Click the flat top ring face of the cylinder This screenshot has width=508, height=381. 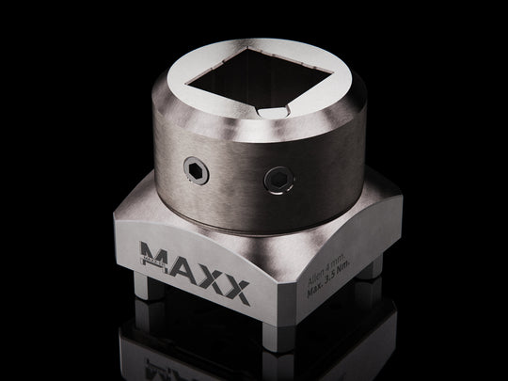[x=188, y=94]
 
